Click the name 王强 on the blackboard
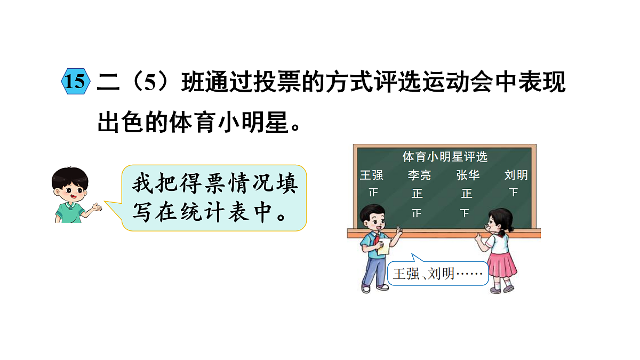coord(372,174)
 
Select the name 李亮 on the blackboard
coord(419,174)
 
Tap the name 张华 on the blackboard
coord(467,174)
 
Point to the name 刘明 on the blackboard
coord(516,174)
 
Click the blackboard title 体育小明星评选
coord(445,157)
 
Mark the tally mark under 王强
coord(373,192)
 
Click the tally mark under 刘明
coord(514,192)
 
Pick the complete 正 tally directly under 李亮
coord(417,193)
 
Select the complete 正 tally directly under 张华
coord(467,193)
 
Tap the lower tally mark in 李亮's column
coord(417,213)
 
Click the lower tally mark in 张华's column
coord(465,213)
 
